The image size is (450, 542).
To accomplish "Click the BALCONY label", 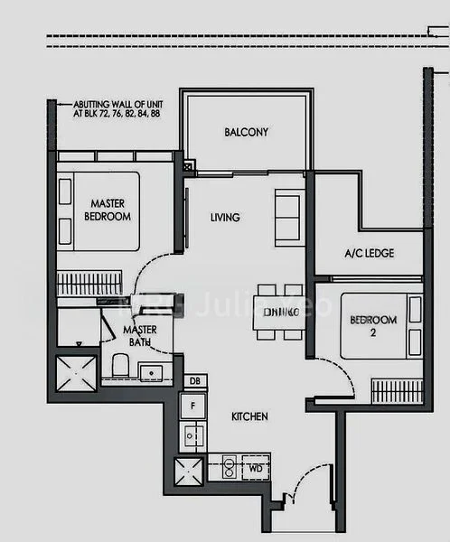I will (x=246, y=132).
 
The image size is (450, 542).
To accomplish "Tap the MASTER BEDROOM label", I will (x=108, y=210).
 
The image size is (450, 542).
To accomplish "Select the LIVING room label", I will (x=224, y=218).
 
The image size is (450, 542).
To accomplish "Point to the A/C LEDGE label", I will (x=370, y=254).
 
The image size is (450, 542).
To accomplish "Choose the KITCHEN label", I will (x=249, y=417).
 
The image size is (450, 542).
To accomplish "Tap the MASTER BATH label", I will (x=140, y=336).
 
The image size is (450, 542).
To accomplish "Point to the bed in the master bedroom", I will (x=99, y=211).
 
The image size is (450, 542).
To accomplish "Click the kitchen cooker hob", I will (x=228, y=469).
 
